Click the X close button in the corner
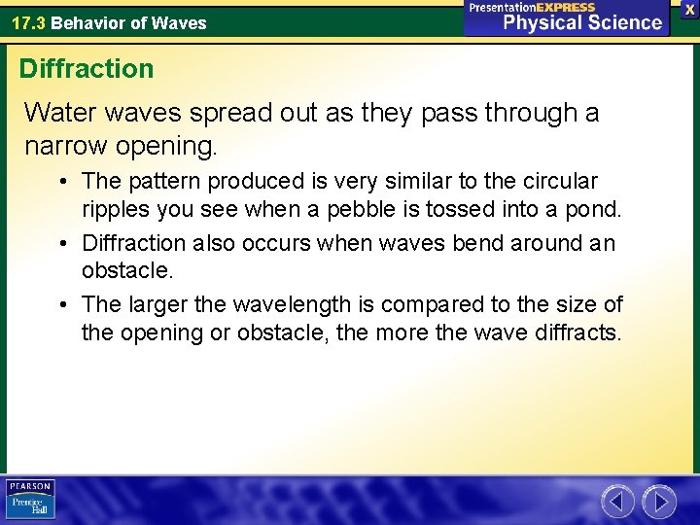coord(689,9)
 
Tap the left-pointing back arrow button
coord(617,502)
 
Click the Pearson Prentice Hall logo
coord(30,500)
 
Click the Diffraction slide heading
coord(87,69)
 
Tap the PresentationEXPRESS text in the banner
coord(532,7)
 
